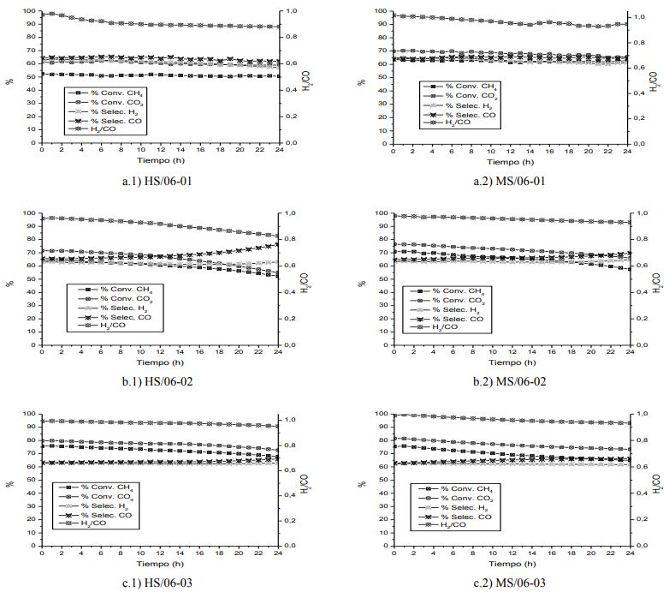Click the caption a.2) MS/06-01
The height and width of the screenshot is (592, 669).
(512, 182)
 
